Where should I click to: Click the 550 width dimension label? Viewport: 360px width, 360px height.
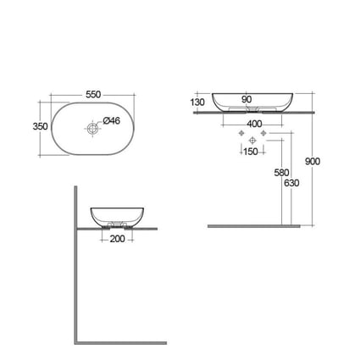tap(93, 94)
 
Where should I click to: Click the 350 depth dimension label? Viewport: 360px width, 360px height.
tap(41, 126)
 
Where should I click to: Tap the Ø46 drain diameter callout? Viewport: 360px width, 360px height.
tap(112, 121)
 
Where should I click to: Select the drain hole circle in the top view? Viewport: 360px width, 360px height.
tap(92, 129)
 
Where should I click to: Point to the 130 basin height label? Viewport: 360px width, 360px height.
tap(197, 102)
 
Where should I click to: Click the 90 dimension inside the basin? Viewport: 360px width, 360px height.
tap(246, 99)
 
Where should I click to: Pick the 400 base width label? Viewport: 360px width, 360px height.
tap(254, 124)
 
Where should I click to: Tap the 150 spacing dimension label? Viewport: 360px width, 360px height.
tap(251, 152)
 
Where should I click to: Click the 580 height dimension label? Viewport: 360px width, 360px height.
tap(281, 173)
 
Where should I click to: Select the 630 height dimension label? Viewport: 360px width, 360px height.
tap(291, 183)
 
